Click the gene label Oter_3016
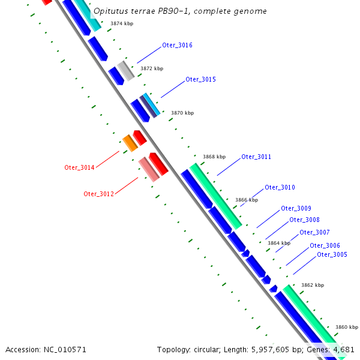coord(177,46)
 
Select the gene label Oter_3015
coord(200,80)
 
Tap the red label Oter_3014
coord(79,168)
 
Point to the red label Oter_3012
coord(98,194)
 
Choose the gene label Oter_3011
coord(256,157)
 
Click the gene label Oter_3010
coord(280,188)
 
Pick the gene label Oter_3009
coord(296,209)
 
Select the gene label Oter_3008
coord(304,220)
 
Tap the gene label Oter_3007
coord(314,233)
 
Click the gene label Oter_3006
coord(325,246)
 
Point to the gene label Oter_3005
coord(332,255)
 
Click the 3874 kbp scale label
coord(122,24)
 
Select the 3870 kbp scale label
coord(182,113)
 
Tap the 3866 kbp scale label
coord(246,200)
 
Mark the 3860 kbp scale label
coord(346,328)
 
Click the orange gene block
coord(130,143)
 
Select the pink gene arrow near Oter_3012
coord(148,169)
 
